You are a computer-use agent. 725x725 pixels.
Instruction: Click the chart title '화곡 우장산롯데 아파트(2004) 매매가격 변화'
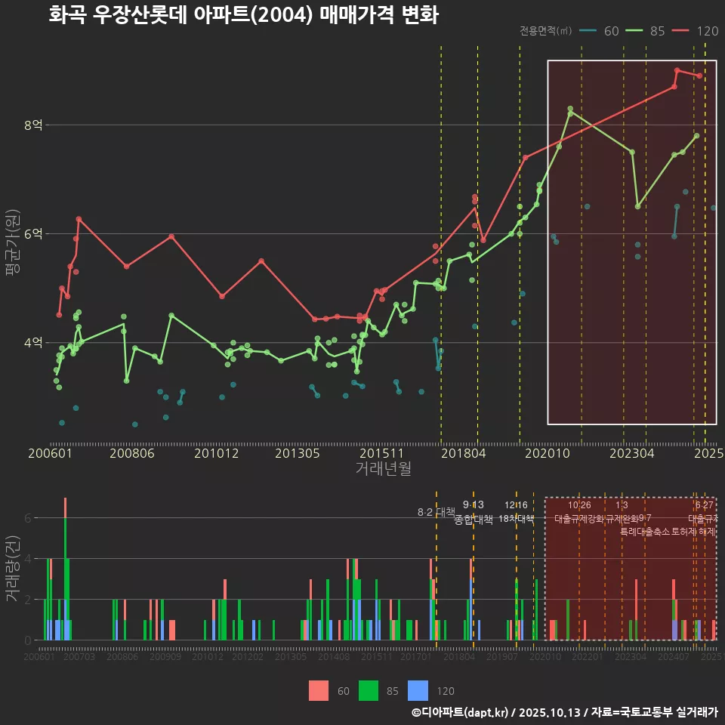tap(243, 15)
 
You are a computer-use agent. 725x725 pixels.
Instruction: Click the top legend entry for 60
tap(601, 31)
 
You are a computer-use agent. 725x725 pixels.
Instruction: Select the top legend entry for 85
tap(646, 31)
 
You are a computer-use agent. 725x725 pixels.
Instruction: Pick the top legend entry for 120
tap(696, 31)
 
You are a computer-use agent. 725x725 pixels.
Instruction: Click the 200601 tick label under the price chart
tap(50, 454)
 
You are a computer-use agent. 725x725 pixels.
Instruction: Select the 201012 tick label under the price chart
tap(216, 454)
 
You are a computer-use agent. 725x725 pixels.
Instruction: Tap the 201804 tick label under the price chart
tap(462, 454)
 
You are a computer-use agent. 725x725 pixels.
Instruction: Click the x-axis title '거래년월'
tap(383, 469)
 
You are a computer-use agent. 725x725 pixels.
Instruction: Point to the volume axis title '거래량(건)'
tap(12, 568)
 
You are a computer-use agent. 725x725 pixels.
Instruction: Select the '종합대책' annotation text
tap(474, 520)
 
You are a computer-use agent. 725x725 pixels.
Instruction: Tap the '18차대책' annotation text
tap(517, 519)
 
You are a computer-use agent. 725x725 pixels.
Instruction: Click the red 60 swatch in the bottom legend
tap(319, 690)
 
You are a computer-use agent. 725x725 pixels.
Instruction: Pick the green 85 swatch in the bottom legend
tap(369, 690)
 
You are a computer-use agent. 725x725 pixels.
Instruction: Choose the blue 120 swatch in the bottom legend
tap(418, 690)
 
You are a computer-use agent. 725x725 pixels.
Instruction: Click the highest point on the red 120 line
tap(677, 70)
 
